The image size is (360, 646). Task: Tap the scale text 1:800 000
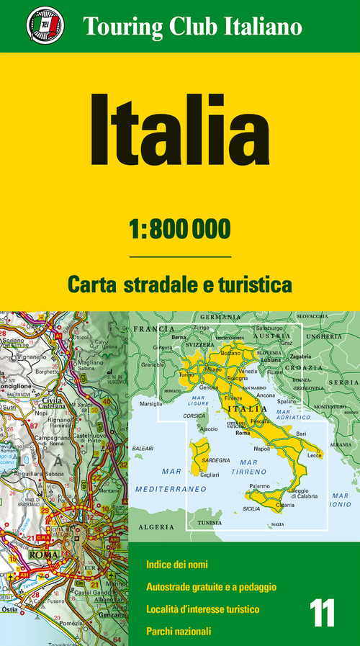(180, 228)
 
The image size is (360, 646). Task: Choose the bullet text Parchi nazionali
(179, 632)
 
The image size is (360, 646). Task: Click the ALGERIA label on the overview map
(151, 526)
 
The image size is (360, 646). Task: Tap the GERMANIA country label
(220, 317)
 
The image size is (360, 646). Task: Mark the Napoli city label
(262, 448)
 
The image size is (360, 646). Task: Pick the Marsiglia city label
(153, 403)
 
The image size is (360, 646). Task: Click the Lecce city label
(315, 455)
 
